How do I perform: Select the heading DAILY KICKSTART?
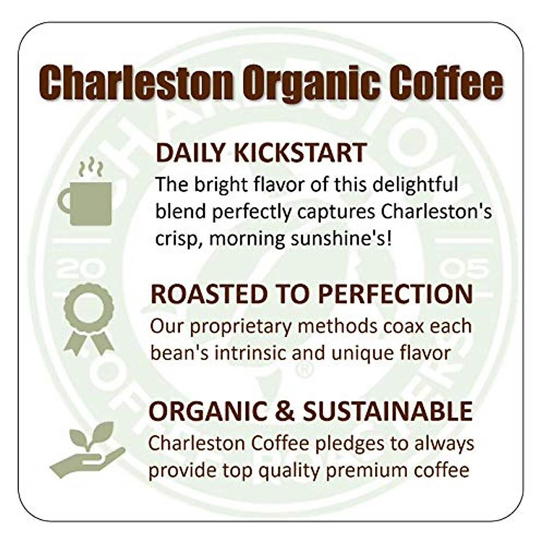pyautogui.click(x=261, y=153)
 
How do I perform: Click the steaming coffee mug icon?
pyautogui.click(x=85, y=202)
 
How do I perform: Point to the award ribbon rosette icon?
pyautogui.click(x=89, y=318)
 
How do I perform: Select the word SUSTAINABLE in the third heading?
pyautogui.click(x=387, y=411)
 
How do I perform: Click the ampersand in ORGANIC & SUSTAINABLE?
pyautogui.click(x=285, y=411)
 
